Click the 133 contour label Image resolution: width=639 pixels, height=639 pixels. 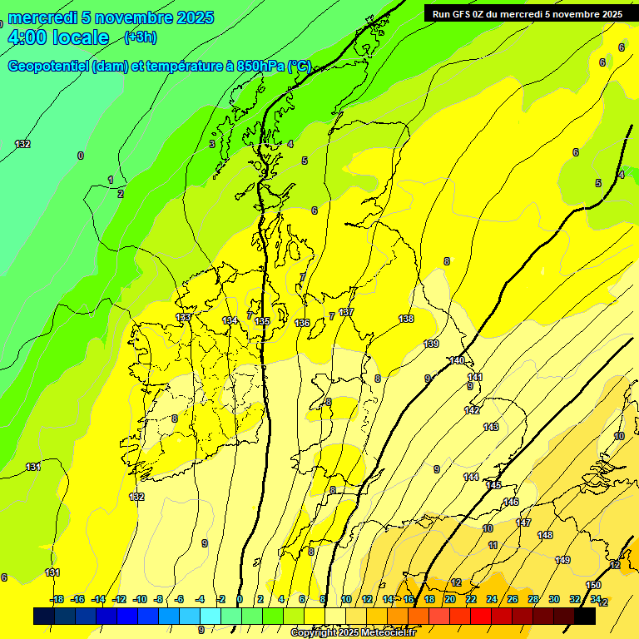point(183,317)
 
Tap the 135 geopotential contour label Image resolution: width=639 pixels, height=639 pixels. point(262,321)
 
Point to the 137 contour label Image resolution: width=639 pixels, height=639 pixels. point(346,312)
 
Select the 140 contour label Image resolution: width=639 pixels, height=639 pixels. point(457,360)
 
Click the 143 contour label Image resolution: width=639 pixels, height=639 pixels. point(491,427)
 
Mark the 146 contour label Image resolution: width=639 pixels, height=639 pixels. point(511,502)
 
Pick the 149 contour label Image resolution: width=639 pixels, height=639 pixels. point(563,560)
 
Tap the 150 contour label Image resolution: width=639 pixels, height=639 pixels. point(593,586)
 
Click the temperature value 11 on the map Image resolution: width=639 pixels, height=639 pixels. point(493,545)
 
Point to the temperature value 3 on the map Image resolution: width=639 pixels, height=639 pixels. point(211,144)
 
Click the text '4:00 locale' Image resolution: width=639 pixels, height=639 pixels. point(58,37)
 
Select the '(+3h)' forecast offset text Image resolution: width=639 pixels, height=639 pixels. point(140,37)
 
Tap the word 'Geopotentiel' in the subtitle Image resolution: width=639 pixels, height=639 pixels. point(48,67)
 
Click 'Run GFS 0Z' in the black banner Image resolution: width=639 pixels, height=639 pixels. point(463,14)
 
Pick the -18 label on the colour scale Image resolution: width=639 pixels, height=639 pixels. point(57,599)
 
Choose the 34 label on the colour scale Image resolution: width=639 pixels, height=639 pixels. point(596,599)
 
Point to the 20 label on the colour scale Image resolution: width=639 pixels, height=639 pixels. point(449,599)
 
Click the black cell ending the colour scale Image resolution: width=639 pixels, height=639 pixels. point(584,616)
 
